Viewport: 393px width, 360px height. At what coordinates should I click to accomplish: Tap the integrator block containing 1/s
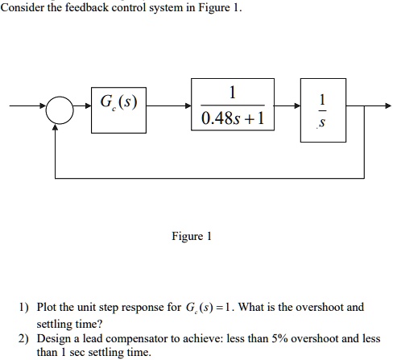point(322,110)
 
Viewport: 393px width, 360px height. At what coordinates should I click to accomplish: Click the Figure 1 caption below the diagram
point(191,237)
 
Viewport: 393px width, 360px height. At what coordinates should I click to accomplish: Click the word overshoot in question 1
point(316,307)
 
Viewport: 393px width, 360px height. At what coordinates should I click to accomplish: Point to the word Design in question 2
point(56,338)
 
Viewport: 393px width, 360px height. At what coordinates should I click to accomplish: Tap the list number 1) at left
point(25,307)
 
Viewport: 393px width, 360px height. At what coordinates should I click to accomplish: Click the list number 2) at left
point(25,338)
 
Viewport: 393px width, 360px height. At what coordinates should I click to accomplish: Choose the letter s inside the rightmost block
point(322,125)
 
